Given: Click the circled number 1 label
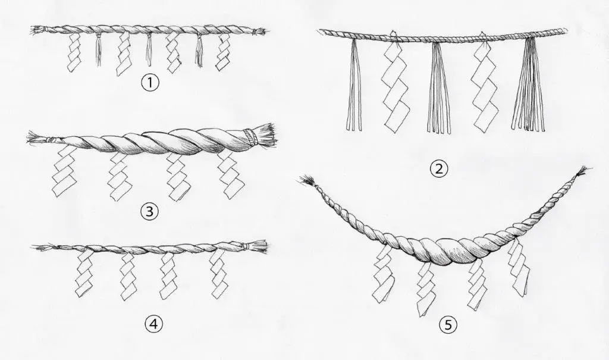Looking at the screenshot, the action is (150, 83).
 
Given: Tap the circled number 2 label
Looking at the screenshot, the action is (439, 169).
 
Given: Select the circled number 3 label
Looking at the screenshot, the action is (149, 211).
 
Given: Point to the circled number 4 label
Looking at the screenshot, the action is (153, 324).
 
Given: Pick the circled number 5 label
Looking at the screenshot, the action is (448, 324).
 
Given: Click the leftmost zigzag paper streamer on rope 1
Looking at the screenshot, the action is (73, 53).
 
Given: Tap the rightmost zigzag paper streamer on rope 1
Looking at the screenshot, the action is (222, 52).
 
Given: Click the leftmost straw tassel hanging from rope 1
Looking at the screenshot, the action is (99, 50).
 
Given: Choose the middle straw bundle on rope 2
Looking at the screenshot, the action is (440, 87).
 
